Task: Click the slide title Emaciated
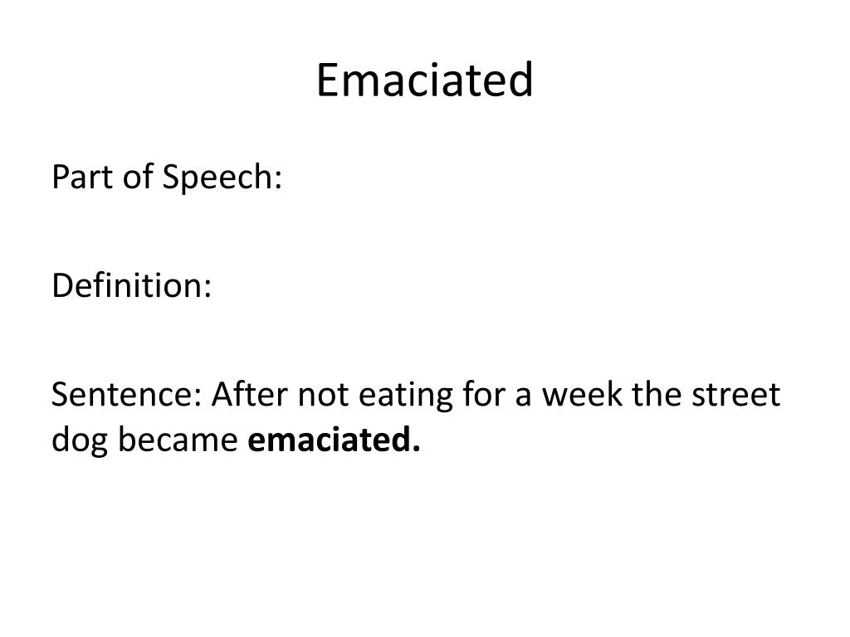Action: click(x=424, y=81)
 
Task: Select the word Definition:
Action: click(x=132, y=286)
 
